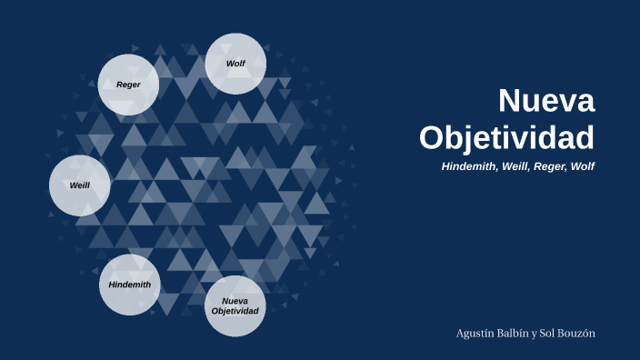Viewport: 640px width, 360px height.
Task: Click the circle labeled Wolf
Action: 235,64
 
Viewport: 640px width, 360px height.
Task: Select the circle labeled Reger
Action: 128,85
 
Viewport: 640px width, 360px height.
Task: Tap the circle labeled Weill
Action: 79,185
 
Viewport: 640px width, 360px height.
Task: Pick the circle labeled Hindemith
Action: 129,285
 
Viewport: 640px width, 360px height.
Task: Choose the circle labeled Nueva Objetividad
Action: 235,305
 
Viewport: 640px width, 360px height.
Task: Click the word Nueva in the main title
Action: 546,100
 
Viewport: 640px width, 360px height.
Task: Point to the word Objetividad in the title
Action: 506,136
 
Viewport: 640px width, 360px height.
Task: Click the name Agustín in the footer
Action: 475,334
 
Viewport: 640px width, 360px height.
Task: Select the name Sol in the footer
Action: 552,333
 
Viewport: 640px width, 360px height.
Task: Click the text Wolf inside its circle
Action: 236,64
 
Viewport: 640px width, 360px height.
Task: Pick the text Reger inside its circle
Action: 128,85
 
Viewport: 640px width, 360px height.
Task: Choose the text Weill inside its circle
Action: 79,185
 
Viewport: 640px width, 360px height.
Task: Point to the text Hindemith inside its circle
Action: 129,285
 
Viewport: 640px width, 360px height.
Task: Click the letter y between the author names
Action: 537,334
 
